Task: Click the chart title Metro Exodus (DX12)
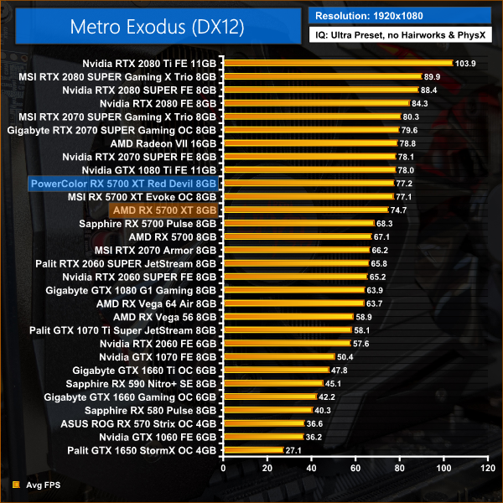[x=152, y=27]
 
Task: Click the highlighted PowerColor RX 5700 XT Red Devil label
[x=123, y=184]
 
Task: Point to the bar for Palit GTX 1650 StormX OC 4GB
[x=252, y=450]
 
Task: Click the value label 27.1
[x=293, y=450]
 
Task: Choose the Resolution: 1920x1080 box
[x=399, y=15]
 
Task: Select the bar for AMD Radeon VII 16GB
[x=309, y=143]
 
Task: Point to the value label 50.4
[x=345, y=356]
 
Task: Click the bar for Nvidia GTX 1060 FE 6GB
[x=262, y=437]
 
